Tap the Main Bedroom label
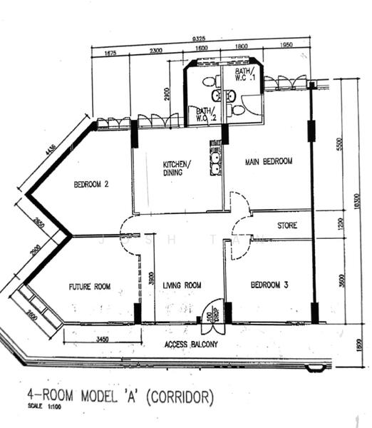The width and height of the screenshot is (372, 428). (269, 161)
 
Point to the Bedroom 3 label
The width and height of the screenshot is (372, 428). (269, 285)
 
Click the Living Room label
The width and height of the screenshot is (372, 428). (182, 286)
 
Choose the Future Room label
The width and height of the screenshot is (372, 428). (90, 287)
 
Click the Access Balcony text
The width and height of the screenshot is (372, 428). (190, 345)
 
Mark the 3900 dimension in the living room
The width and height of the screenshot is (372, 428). (150, 278)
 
